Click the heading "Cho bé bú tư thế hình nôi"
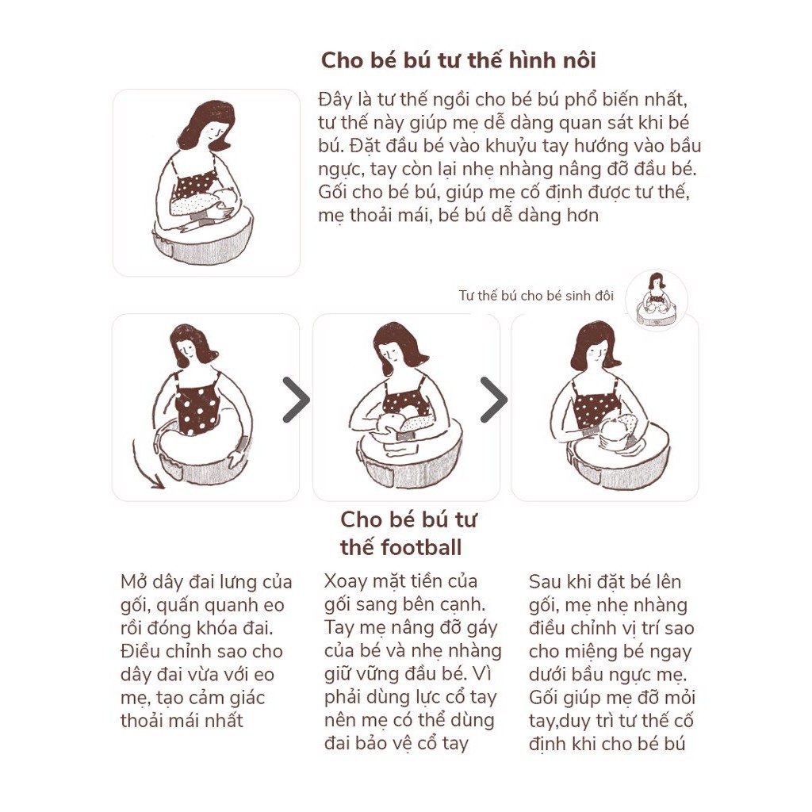click(458, 60)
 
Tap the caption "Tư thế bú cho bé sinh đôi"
click(536, 296)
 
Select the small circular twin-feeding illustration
click(656, 301)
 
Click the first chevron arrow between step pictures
click(297, 400)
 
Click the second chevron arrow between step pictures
click(495, 400)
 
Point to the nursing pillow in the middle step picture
click(408, 456)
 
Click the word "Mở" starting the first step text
click(132, 581)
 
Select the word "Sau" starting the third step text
click(544, 581)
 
